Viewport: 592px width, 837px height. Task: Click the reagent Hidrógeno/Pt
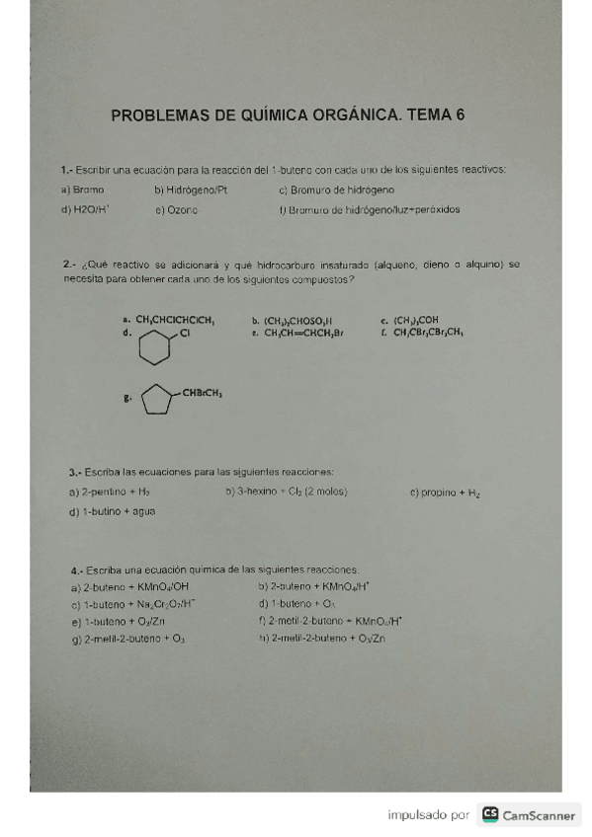click(x=191, y=189)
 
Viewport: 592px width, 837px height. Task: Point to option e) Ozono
click(x=177, y=209)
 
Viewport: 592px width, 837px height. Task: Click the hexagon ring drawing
click(x=153, y=346)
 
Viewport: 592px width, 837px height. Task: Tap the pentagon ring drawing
click(x=155, y=400)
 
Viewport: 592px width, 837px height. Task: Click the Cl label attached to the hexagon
click(x=186, y=334)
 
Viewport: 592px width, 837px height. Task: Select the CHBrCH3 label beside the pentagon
click(x=201, y=393)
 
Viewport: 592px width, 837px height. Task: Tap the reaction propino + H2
click(x=445, y=492)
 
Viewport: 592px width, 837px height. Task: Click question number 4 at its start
click(x=76, y=570)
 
